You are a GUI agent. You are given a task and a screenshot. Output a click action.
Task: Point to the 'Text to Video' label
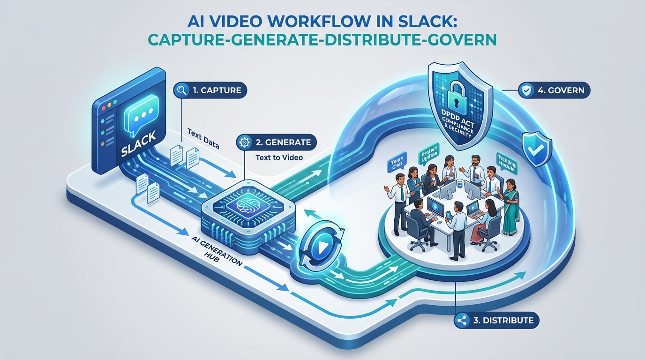point(279,157)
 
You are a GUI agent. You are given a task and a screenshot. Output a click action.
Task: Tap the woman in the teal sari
point(510,209)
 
